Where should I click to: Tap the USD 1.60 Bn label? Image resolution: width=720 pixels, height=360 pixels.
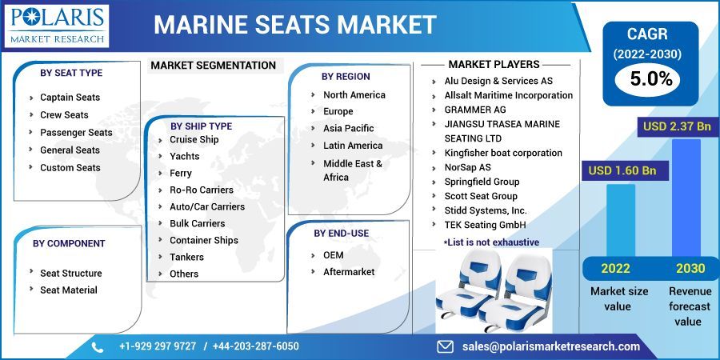622,170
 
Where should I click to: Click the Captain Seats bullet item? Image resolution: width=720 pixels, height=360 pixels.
70,98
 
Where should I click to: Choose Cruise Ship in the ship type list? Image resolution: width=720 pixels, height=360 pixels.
194,139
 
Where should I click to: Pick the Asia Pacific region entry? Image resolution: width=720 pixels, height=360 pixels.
348,128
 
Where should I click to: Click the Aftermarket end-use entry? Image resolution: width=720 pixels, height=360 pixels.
349,272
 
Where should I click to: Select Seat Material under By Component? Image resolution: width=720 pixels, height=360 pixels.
69,290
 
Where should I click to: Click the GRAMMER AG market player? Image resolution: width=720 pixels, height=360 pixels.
475,110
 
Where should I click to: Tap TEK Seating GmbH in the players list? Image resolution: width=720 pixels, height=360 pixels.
485,225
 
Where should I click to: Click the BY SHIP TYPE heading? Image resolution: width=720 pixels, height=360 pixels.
201,126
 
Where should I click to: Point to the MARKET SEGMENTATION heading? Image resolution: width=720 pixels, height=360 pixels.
213,66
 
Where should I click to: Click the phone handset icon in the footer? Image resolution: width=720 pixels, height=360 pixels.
98,346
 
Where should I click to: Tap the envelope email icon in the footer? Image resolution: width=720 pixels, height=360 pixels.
446,346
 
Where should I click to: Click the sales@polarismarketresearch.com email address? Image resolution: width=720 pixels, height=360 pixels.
551,346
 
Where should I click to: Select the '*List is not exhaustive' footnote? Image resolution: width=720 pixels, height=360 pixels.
490,242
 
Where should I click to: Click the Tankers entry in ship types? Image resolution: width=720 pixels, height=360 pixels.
186,257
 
